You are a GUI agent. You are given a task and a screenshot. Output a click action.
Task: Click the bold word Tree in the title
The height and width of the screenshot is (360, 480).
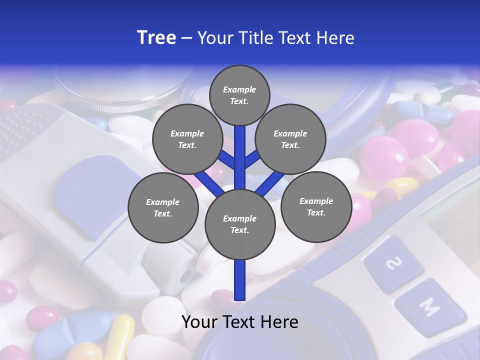coord(156,38)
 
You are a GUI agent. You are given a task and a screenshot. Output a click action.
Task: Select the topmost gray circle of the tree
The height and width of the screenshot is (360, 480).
coord(239,95)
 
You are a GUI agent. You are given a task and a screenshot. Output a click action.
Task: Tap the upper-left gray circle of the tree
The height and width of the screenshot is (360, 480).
coord(187,139)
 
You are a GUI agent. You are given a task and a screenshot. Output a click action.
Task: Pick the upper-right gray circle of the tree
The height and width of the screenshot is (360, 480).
coord(290,139)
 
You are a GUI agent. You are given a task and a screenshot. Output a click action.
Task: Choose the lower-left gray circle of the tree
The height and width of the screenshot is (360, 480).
coord(163,207)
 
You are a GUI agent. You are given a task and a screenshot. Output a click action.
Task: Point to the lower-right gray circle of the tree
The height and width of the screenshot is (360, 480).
coord(316,206)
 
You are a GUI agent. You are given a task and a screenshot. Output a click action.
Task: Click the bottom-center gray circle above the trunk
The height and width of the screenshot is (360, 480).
coord(240,224)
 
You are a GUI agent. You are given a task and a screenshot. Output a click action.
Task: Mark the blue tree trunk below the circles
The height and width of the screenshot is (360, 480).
coord(240,280)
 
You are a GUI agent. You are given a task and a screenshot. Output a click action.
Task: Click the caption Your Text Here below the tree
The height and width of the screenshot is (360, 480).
coord(240,322)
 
